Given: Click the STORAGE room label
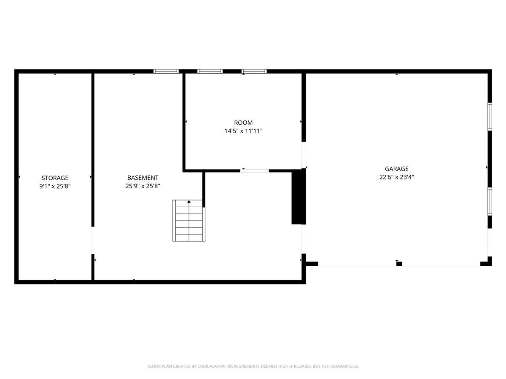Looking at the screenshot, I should [55, 178].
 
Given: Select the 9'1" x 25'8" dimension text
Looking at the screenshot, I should [55, 186].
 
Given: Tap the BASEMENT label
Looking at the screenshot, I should [143, 178].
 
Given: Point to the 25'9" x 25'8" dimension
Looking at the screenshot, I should [143, 186].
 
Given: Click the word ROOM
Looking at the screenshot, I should [244, 123].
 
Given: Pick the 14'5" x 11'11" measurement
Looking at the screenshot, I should [244, 131].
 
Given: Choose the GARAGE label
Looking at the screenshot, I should [396, 169].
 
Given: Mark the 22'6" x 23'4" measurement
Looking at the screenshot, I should [396, 177].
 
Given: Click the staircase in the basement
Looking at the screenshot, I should [189, 221].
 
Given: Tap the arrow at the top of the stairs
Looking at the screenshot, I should [189, 202].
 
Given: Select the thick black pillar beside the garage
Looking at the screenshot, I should [299, 197].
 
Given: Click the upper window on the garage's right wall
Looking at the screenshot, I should [490, 116].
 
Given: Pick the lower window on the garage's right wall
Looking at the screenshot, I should [490, 202].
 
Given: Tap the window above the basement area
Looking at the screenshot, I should [166, 71].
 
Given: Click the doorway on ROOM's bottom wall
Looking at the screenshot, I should [255, 171].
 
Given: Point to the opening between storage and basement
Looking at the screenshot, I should [92, 240].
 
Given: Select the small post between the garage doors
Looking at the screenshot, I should [399, 264].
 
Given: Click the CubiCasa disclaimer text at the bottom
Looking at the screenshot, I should [253, 366].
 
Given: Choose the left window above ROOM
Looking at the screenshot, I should [210, 71].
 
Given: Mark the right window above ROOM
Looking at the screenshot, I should [254, 71].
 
